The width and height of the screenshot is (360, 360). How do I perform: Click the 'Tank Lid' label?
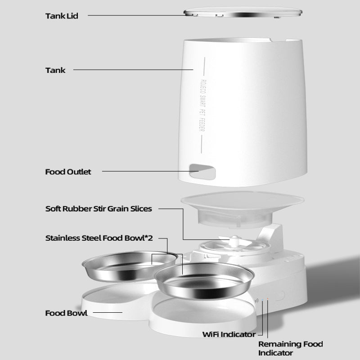pyautogui.click(x=62, y=16)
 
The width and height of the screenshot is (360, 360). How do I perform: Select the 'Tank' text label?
pyautogui.click(x=55, y=70)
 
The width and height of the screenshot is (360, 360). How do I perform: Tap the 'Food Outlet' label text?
pyautogui.click(x=68, y=171)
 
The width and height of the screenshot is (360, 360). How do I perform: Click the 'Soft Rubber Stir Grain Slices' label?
pyautogui.click(x=99, y=209)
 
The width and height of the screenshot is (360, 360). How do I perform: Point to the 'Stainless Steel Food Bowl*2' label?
pyautogui.click(x=99, y=238)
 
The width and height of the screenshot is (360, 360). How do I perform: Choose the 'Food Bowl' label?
pyautogui.click(x=66, y=313)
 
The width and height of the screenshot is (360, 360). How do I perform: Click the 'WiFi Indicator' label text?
pyautogui.click(x=229, y=334)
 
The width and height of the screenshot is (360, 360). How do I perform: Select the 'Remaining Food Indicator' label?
pyautogui.click(x=290, y=349)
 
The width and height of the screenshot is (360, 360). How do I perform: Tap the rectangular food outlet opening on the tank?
pyautogui.click(x=201, y=171)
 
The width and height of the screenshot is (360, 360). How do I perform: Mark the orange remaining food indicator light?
pyautogui.click(x=268, y=298)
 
